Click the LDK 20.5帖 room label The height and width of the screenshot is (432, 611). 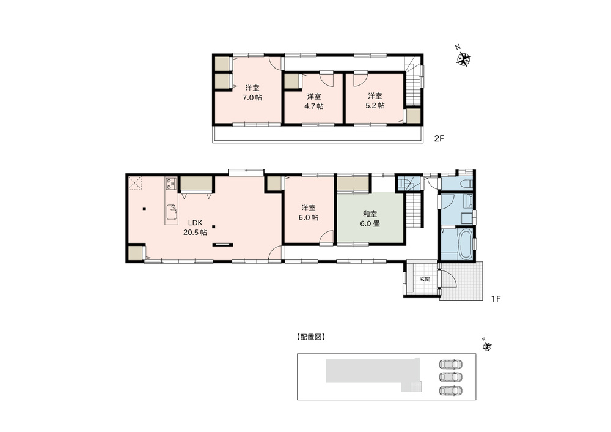[x=195, y=228]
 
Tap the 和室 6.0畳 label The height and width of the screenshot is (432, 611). [x=370, y=219]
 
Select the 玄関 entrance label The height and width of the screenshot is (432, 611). [x=425, y=279]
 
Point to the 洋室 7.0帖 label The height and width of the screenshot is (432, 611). [x=252, y=93]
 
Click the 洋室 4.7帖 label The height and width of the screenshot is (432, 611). [x=313, y=101]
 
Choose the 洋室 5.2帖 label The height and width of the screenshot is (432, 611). [x=375, y=101]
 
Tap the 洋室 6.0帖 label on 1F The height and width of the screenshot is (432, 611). [x=308, y=213]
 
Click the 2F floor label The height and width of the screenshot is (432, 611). [x=439, y=138]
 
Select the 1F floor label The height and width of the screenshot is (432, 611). [x=496, y=299]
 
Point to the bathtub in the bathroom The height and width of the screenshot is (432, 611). [x=466, y=244]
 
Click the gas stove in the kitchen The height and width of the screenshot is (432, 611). [x=171, y=184]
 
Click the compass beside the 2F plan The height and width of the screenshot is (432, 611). [x=463, y=59]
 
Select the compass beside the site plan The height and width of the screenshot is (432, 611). [x=487, y=345]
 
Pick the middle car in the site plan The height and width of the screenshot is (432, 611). [x=451, y=377]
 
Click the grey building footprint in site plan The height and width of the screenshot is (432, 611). [x=373, y=371]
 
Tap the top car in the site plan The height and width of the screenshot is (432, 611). [x=451, y=364]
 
